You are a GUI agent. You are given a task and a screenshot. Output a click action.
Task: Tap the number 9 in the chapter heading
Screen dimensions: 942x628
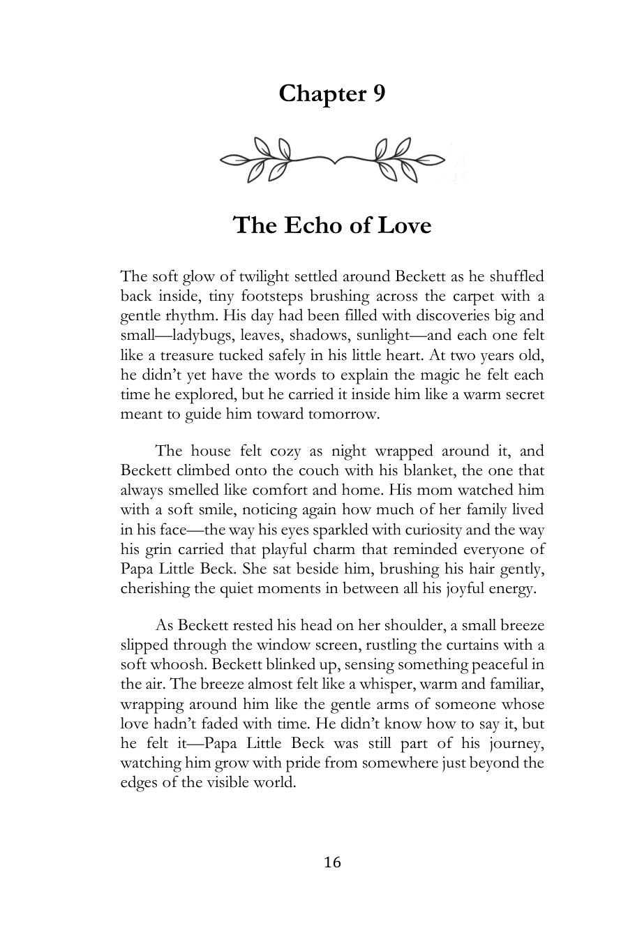coord(377,94)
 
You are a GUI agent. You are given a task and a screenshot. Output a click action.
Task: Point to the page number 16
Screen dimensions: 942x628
coord(332,862)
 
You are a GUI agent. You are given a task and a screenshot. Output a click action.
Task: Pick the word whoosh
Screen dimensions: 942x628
coord(176,665)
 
